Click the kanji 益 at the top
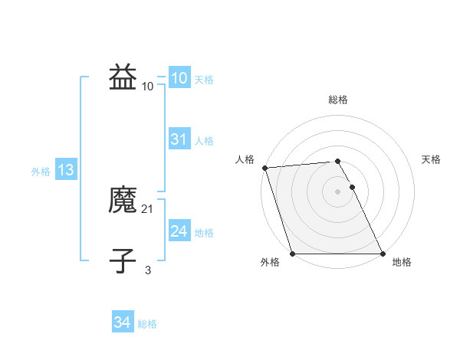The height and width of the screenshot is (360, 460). coord(123,78)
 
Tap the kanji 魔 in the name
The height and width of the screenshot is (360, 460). coord(123,201)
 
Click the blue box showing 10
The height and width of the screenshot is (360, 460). coord(179,78)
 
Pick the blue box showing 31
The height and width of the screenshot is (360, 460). coord(179,139)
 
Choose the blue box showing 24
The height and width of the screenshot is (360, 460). coord(179,231)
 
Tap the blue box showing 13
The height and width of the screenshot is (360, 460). coord(66,170)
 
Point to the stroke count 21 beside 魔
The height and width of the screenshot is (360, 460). coord(148,208)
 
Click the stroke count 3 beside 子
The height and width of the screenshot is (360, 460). coord(148,270)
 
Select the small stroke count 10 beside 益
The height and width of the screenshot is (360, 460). coord(148,86)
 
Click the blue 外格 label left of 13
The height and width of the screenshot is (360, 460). coord(41,172)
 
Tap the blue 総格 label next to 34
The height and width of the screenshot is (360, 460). coord(147,324)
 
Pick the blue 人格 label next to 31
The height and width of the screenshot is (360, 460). coord(204,141)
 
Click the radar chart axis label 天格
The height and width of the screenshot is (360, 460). coord(432,159)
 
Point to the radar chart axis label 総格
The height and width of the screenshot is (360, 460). coord(338,100)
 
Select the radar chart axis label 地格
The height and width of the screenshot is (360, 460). coord(402,262)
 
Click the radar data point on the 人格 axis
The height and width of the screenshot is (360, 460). coord(264,168)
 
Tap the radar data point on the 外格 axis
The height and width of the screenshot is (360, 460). coord(292,254)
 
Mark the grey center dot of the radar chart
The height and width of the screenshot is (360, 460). coord(338,191)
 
